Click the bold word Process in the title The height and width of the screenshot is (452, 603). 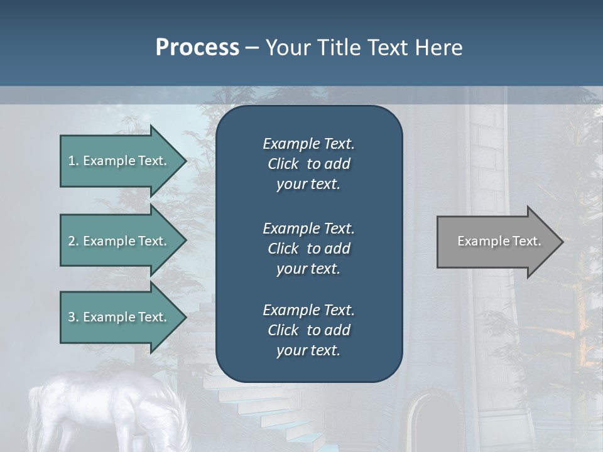197,48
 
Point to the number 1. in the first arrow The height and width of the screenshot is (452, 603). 73,161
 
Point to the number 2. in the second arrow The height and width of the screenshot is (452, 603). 73,241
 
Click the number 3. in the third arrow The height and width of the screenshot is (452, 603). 73,317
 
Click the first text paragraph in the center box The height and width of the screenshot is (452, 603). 308,164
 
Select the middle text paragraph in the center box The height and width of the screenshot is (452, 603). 308,249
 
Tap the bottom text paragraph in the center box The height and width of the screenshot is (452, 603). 308,330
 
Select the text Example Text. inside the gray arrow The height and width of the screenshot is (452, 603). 499,241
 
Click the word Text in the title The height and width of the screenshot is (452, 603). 390,48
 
